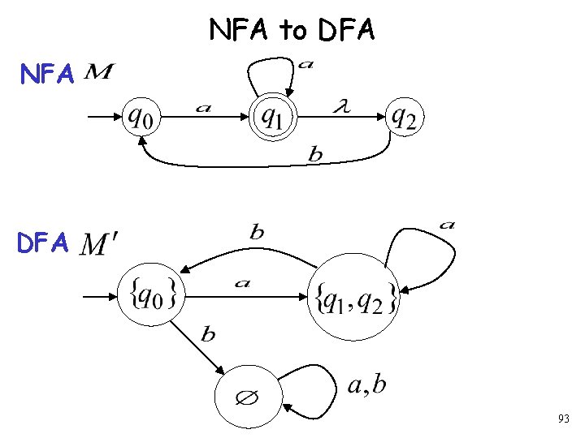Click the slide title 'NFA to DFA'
[292, 30]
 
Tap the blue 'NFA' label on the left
[48, 75]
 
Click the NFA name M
[98, 74]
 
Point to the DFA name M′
[101, 243]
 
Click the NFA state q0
[143, 118]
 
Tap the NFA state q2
[403, 118]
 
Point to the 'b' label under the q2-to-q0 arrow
[315, 155]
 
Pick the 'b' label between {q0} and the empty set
[208, 334]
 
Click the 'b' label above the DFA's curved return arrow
[257, 233]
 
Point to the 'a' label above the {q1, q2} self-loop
[446, 224]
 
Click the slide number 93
[563, 419]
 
